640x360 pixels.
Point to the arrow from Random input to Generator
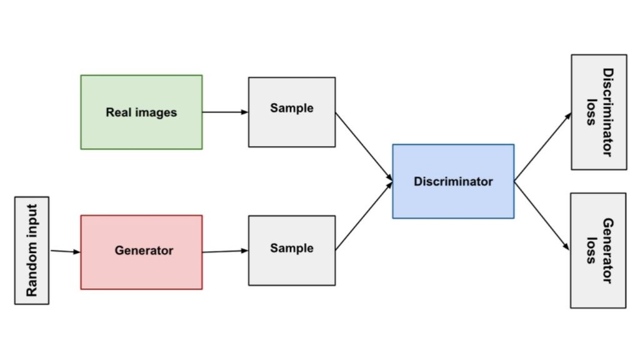[65, 251]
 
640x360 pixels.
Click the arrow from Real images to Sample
[225, 112]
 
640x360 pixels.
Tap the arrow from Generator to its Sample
[225, 251]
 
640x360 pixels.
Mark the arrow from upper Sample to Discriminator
[364, 147]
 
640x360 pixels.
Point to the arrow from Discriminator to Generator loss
[542, 216]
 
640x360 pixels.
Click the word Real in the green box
[117, 113]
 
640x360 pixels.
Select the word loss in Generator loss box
[589, 250]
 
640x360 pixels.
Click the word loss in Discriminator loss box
[589, 112]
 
